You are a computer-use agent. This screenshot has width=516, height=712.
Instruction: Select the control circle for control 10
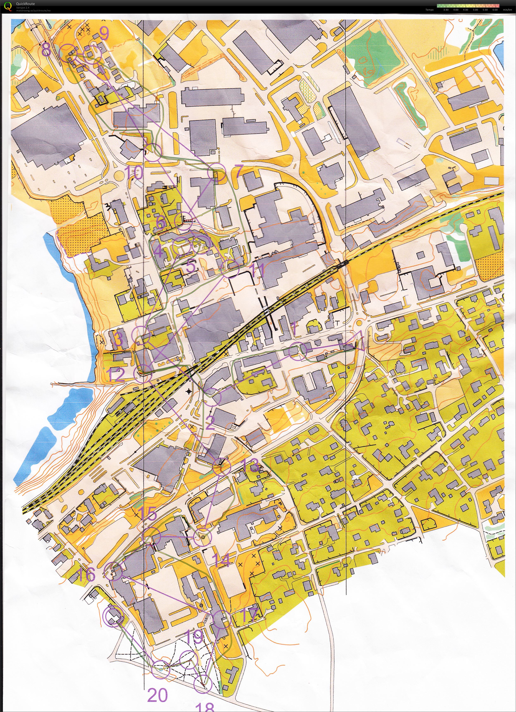(153, 152)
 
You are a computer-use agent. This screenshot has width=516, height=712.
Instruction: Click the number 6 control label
(160, 222)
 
